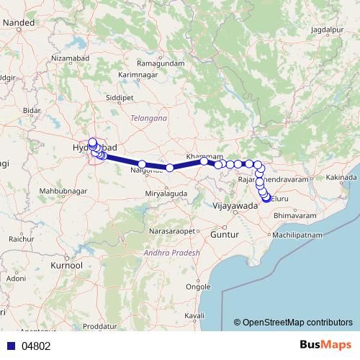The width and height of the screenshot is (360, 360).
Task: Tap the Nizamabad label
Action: click(x=73, y=57)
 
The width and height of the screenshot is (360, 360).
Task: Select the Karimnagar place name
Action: click(x=138, y=74)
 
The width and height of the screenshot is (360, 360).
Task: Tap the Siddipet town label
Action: click(x=119, y=94)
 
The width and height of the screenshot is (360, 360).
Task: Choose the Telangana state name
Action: click(x=149, y=117)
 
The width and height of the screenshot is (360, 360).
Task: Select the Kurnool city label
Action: click(x=66, y=266)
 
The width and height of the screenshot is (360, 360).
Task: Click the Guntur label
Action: click(x=219, y=235)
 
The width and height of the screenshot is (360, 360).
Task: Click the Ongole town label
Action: click(x=198, y=286)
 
